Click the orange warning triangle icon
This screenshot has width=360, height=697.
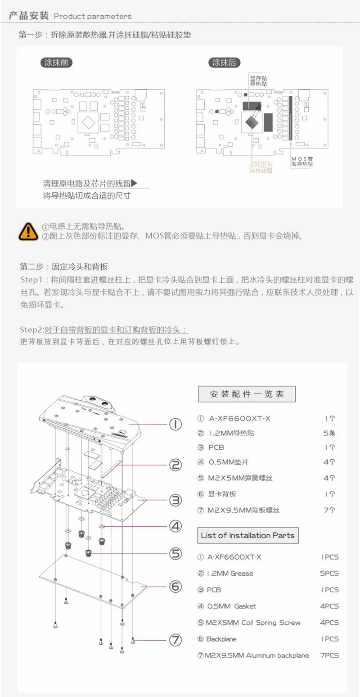[x=28, y=231]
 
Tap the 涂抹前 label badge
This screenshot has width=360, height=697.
[x=56, y=63]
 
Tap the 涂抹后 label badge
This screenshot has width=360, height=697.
[x=224, y=63]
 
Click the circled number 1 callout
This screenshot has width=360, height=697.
[x=175, y=424]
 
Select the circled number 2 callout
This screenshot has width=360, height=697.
[x=175, y=465]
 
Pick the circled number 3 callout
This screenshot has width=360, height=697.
[x=175, y=500]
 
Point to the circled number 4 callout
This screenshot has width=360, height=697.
[x=175, y=525]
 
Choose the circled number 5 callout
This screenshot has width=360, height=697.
[x=175, y=553]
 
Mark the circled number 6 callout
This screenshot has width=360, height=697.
[x=175, y=586]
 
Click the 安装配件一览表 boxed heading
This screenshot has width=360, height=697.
[x=247, y=394]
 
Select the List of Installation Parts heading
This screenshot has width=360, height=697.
[x=247, y=535]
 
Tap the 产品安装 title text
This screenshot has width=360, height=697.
[x=28, y=16]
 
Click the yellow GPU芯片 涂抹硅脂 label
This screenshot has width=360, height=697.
[x=261, y=168]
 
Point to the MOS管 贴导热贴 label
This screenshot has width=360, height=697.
[x=302, y=161]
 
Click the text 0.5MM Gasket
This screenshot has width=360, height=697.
[x=232, y=606]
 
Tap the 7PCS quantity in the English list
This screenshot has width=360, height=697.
[x=329, y=656]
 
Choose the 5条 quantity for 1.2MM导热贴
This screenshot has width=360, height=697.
[x=329, y=433]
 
